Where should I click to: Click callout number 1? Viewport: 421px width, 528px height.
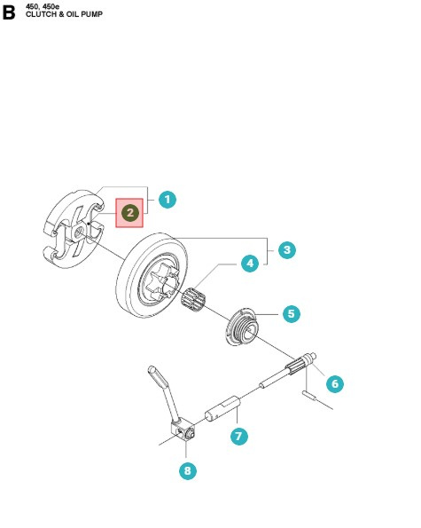coord(167,200)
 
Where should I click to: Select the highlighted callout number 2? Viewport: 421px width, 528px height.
coord(130,213)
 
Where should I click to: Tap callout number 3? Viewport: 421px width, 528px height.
coord(285,250)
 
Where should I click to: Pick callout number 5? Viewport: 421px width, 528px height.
coord(290,313)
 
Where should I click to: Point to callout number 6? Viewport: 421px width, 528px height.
coord(332,383)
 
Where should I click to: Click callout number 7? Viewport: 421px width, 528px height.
coord(237,436)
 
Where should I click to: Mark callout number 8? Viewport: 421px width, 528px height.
coord(188,471)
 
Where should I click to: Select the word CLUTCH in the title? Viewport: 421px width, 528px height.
coord(42,16)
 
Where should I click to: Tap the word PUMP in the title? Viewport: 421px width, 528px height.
coord(90,16)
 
